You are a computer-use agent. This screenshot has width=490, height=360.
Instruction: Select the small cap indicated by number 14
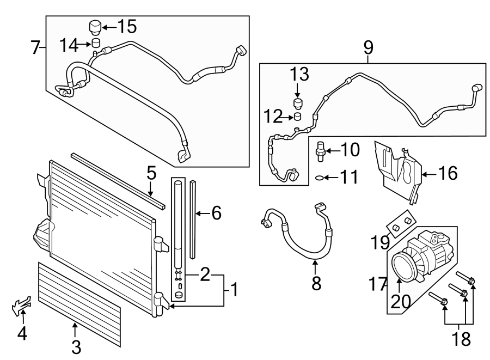pos(96,44)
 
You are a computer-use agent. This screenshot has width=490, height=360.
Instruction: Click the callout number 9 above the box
pos(368,48)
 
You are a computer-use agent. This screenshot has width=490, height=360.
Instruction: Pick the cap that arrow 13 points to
pos(298,103)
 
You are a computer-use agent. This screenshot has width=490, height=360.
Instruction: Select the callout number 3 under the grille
pos(76,346)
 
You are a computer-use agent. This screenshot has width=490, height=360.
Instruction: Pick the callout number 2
pos(205,274)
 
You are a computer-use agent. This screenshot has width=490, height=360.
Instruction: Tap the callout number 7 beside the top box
pos(35,48)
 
